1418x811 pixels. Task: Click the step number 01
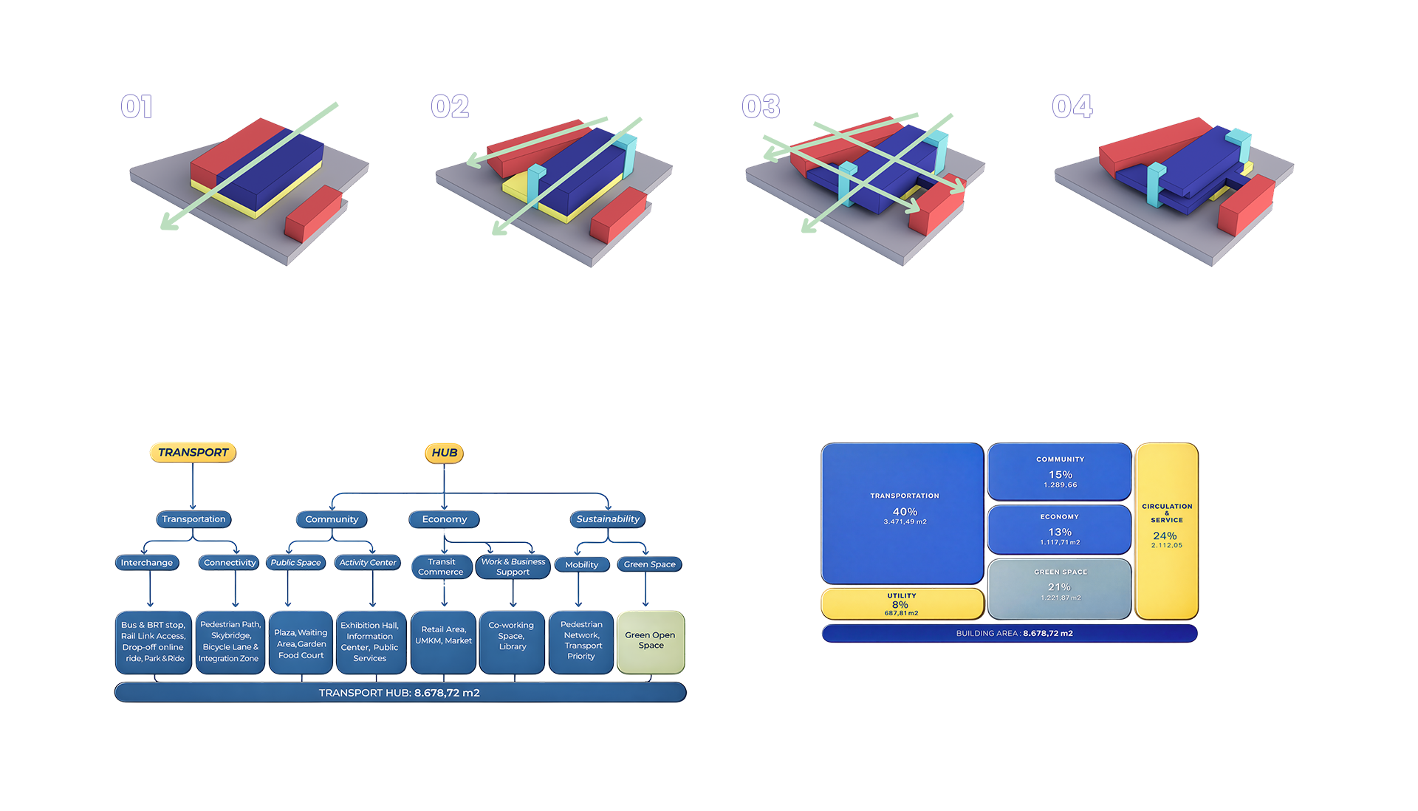pos(137,107)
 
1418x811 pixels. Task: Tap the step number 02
pos(450,107)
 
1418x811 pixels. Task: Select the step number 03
pos(761,106)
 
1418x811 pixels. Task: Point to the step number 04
pos(1072,106)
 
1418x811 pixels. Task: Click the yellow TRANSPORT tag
pos(193,452)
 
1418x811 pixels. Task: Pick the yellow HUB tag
pos(444,452)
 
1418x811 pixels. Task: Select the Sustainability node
pos(608,519)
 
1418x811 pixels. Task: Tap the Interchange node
pos(146,563)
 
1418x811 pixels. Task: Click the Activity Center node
pos(368,563)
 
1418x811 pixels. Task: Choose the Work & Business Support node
pos(513,567)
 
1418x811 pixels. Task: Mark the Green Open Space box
pos(650,640)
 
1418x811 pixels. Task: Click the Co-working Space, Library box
pos(513,640)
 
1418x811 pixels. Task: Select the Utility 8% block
pos(902,604)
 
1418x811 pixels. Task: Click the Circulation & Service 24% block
pos(1166,530)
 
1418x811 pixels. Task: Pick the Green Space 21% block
pos(1060,588)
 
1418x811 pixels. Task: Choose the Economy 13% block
pos(1060,530)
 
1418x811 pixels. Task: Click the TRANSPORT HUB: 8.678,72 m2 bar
pos(400,693)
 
